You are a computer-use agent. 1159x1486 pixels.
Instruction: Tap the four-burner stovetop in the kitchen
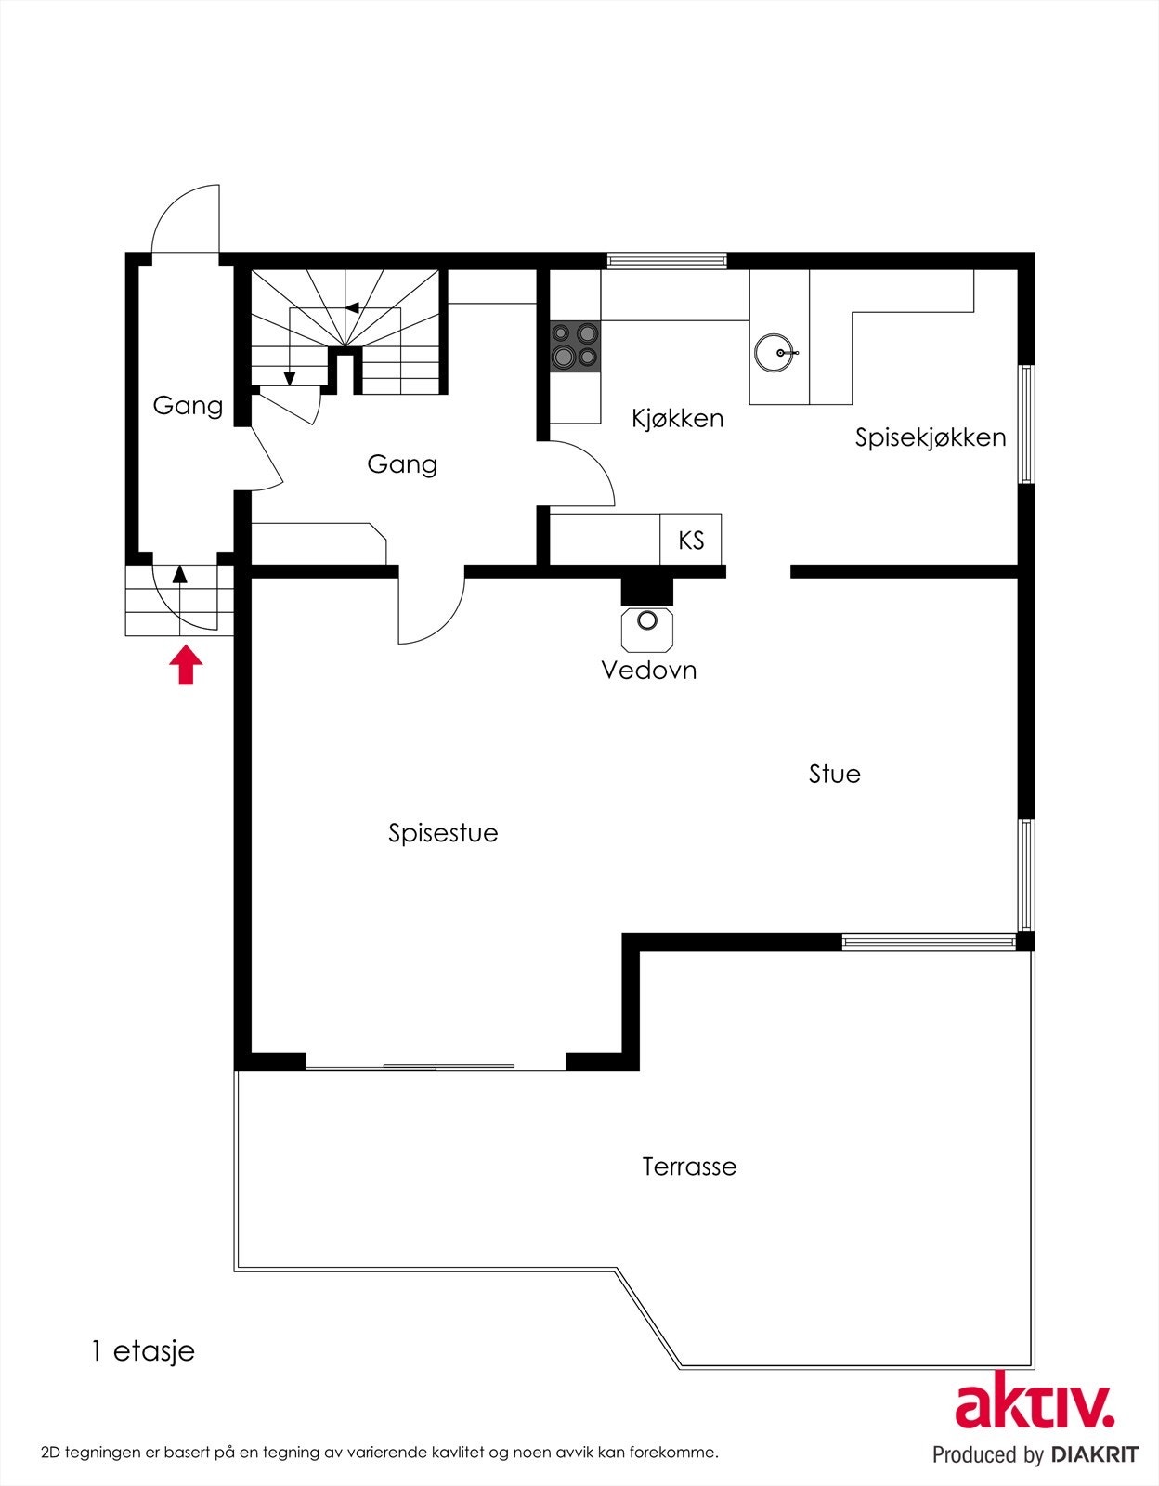575,345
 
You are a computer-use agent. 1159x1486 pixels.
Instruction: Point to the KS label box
690,540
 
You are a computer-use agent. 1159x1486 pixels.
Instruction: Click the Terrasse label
689,1167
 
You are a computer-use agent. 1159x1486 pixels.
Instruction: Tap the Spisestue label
443,833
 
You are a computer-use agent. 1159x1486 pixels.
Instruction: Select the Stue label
834,774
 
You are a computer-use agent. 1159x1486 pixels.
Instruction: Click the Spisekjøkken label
930,437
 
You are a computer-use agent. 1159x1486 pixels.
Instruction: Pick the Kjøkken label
677,418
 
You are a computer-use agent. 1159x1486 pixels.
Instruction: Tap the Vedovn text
648,670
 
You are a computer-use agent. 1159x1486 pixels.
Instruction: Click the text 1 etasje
143,1351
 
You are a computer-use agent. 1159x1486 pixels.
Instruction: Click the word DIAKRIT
1095,1454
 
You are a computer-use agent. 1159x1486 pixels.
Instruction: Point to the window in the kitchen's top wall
666,261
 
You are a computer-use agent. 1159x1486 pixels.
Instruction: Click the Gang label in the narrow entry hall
188,406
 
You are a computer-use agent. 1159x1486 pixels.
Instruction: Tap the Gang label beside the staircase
401,464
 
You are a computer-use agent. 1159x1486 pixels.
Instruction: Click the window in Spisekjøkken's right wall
1025,424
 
